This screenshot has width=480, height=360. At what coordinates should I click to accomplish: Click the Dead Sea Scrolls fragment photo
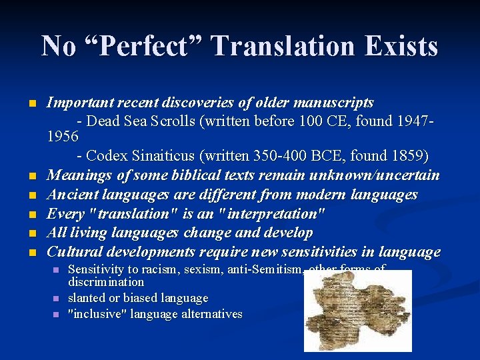tap(357, 310)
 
